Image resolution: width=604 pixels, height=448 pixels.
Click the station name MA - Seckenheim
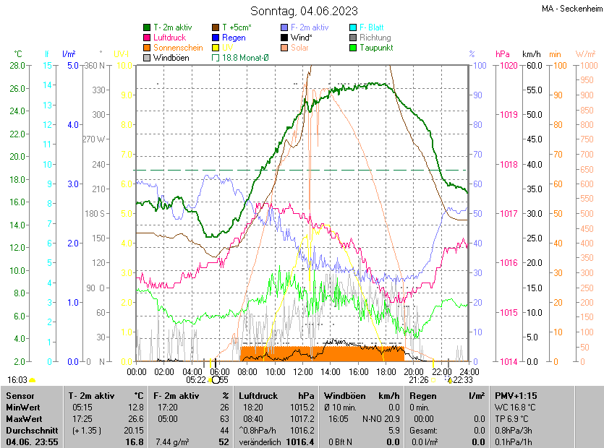[571, 9]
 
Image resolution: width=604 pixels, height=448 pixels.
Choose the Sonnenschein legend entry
[178, 48]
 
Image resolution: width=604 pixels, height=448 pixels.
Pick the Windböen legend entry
[170, 58]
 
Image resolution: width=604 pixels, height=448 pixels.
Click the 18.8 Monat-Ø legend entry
[244, 58]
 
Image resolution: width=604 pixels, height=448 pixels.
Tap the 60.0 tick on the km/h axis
[534, 66]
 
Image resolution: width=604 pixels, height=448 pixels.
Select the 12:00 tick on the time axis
[303, 371]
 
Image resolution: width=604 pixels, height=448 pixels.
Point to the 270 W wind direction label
[94, 139]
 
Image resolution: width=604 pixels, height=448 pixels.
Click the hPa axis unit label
[501, 54]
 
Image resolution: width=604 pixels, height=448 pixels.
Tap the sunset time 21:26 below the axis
[418, 379]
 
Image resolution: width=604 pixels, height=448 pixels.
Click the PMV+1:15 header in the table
[516, 396]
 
